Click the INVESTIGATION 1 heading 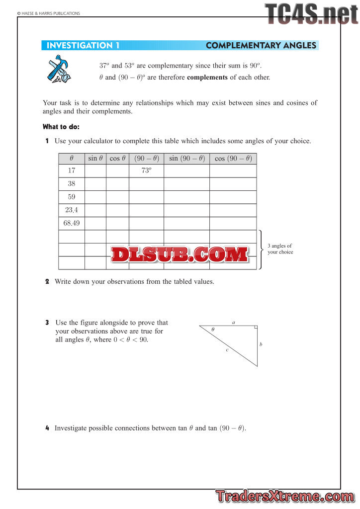tap(83, 46)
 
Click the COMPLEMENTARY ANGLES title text tap(261, 46)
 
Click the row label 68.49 tap(72, 223)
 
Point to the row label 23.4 tap(72, 210)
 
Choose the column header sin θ tap(95, 159)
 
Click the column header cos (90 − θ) tap(233, 159)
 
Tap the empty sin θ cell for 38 tap(95, 184)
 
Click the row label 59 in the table tap(72, 197)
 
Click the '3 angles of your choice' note tap(280, 249)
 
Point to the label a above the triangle tap(234, 323)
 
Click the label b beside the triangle tap(261, 344)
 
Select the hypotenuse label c tap(227, 350)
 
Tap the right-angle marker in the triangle tap(255, 328)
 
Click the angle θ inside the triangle tap(213, 330)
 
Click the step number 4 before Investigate tap(47, 428)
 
